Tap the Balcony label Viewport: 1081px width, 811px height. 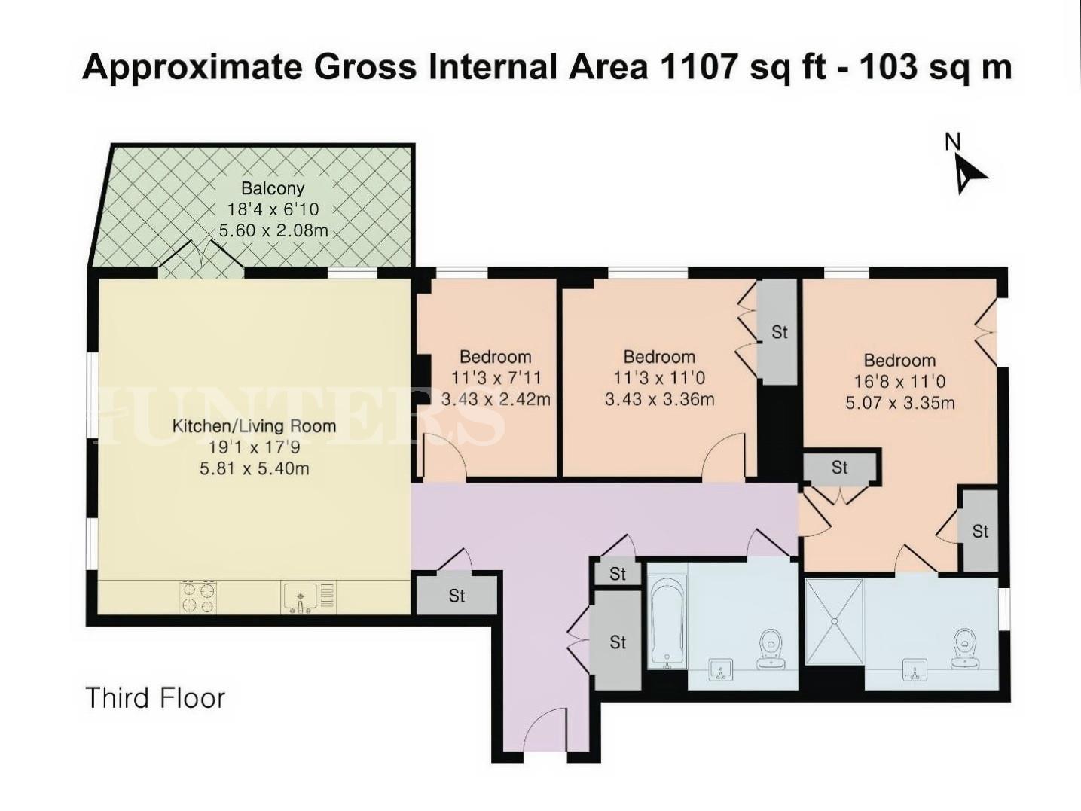click(273, 188)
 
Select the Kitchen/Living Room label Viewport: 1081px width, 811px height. click(254, 426)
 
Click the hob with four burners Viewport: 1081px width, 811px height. click(198, 596)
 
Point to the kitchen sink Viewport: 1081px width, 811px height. click(301, 597)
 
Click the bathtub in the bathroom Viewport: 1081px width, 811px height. click(667, 622)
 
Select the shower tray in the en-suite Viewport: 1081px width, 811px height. click(834, 622)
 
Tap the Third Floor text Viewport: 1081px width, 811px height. click(155, 698)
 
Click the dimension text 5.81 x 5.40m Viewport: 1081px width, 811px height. click(254, 468)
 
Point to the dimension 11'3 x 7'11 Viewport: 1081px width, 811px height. click(496, 378)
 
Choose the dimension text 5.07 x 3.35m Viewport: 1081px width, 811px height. click(899, 403)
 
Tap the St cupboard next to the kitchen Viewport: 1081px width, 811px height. click(457, 596)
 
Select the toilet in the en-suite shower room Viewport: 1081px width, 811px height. click(964, 648)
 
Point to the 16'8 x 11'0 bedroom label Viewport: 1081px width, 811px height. click(899, 382)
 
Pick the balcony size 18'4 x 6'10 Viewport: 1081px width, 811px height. click(273, 209)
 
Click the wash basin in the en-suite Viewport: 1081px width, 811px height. click(915, 669)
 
